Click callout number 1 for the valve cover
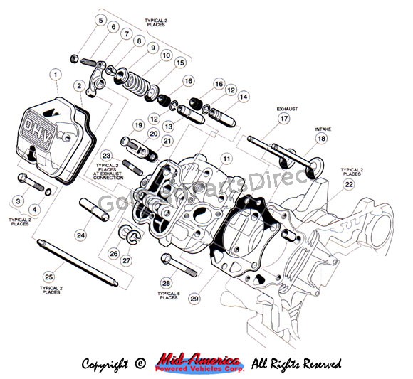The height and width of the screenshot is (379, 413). [x=55, y=74]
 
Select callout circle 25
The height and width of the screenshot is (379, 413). [x=48, y=277]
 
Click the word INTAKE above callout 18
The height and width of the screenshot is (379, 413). [x=323, y=129]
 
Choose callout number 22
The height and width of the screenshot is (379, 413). [x=348, y=184]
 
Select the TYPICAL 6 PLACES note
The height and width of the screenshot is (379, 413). [x=169, y=295]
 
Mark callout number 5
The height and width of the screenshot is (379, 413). [x=100, y=20]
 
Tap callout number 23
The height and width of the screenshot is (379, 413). [x=107, y=155]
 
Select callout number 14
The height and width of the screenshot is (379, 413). [x=244, y=95]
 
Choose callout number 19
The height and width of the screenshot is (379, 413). [x=139, y=126]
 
